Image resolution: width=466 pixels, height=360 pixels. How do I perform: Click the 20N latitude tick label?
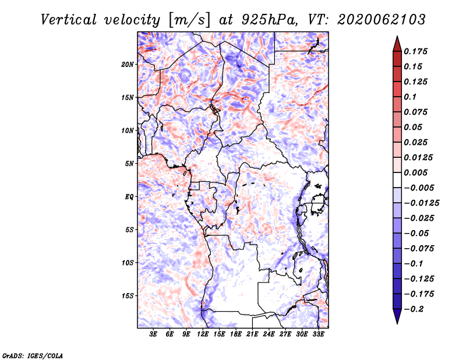click(128, 65)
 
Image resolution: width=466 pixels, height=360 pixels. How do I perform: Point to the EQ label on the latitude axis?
click(129, 197)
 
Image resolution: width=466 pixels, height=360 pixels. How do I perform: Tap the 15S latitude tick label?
click(128, 296)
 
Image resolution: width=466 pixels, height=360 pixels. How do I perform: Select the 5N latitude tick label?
click(129, 164)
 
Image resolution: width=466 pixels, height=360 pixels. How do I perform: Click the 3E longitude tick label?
click(153, 334)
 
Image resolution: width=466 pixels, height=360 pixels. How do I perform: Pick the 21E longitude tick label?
click(252, 334)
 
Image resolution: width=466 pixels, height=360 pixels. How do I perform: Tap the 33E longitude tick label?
click(318, 334)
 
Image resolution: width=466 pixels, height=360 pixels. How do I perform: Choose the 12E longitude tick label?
click(202, 334)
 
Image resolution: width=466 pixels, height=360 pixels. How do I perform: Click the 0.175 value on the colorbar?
click(415, 51)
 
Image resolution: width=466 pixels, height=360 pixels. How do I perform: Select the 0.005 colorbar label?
click(415, 172)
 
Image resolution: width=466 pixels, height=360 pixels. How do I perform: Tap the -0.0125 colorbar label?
click(421, 203)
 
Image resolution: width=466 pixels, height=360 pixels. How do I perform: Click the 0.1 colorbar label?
click(410, 97)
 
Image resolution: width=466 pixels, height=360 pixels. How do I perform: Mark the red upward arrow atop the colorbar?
click(397, 44)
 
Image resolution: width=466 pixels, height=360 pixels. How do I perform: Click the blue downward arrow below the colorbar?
click(397, 316)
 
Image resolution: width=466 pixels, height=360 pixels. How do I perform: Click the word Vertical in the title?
click(69, 20)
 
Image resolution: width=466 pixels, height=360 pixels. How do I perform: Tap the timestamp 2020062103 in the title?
click(382, 20)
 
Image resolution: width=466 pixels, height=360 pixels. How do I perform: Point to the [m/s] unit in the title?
click(189, 20)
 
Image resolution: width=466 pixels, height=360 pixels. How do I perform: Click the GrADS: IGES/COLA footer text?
click(33, 355)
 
